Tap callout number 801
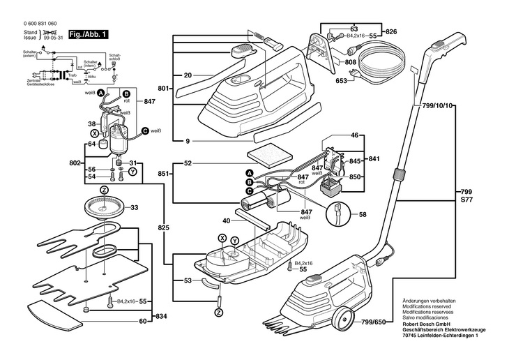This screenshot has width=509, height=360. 164,89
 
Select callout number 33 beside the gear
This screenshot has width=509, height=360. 134,207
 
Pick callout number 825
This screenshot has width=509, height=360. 163,227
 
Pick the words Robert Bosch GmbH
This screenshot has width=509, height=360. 425,326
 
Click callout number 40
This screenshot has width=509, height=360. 225,221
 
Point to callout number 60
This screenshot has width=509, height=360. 143,321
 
